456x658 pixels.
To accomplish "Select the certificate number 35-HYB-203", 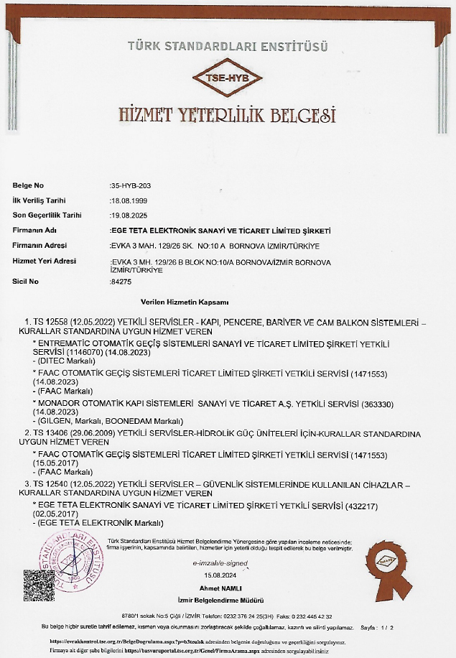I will [x=131, y=185].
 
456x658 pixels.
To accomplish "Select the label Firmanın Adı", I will [x=35, y=231].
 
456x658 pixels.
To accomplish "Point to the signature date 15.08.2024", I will [x=220, y=576].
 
